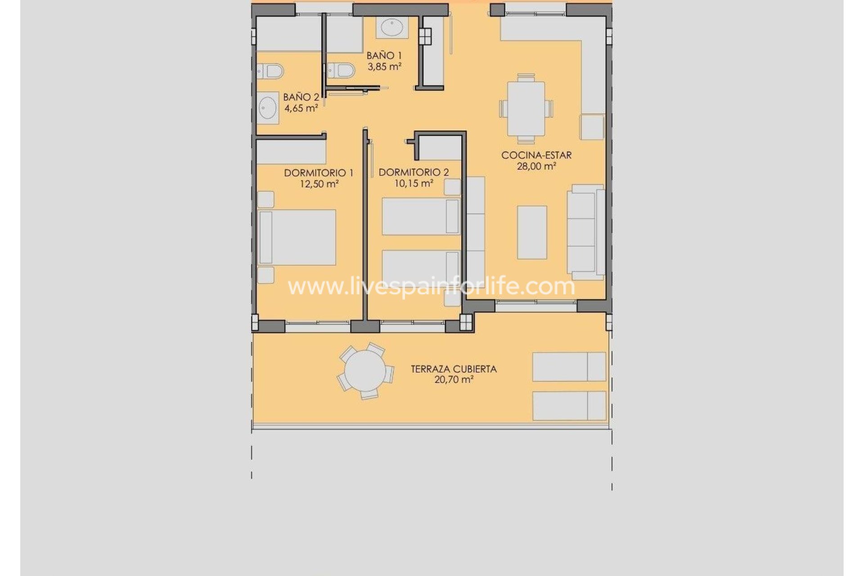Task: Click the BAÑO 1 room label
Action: pos(384,56)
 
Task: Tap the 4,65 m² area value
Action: pos(301,108)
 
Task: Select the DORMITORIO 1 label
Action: pos(319,173)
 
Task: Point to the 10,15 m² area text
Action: pos(414,184)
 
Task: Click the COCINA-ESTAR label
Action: pos(536,155)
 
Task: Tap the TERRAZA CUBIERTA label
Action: pos(454,369)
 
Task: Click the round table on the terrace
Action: pos(365,371)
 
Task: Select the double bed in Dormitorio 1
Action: pos(297,237)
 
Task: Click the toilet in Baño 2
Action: pos(271,71)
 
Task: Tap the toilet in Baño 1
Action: pos(342,70)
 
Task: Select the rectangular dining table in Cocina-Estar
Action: pos(526,108)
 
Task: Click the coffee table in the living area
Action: pos(532,232)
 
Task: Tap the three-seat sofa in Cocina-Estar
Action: pos(585,232)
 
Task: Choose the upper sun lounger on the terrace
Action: pos(569,367)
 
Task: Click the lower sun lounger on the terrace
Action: pos(569,406)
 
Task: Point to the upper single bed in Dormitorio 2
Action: pos(420,216)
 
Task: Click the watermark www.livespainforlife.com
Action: pos(431,287)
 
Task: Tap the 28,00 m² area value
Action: pos(536,166)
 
